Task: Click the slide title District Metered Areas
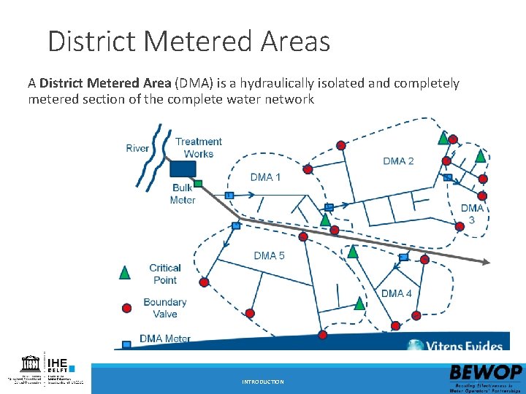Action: click(188, 41)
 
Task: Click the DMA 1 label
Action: click(265, 177)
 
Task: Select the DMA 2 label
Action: click(398, 161)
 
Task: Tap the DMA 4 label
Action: click(397, 293)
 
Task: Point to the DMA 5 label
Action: click(269, 255)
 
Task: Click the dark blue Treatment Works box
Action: click(183, 169)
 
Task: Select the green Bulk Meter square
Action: click(198, 183)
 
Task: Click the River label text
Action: click(137, 148)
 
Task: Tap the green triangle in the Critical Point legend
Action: click(125, 273)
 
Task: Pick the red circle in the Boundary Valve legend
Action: click(126, 308)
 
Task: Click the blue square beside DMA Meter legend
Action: click(126, 343)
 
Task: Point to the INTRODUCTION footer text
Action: click(263, 382)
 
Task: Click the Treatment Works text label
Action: click(198, 147)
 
